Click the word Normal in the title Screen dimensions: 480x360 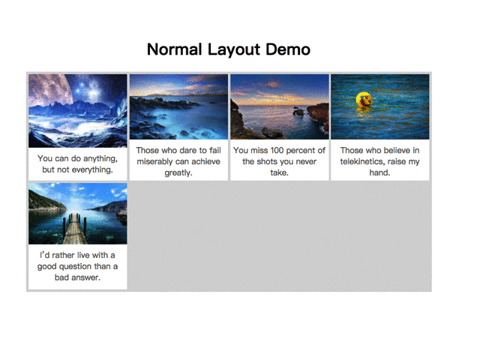click(x=174, y=49)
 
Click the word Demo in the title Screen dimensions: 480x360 click(x=288, y=49)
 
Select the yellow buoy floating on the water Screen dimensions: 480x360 click(x=364, y=100)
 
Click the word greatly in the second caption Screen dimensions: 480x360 click(x=178, y=173)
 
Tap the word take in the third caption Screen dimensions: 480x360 click(x=279, y=172)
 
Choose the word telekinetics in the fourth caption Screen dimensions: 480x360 click(x=362, y=162)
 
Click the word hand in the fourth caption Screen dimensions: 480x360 click(x=379, y=172)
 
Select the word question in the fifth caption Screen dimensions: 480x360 click(x=76, y=267)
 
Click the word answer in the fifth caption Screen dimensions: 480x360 click(x=85, y=277)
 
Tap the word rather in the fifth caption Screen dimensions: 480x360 click(x=63, y=255)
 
